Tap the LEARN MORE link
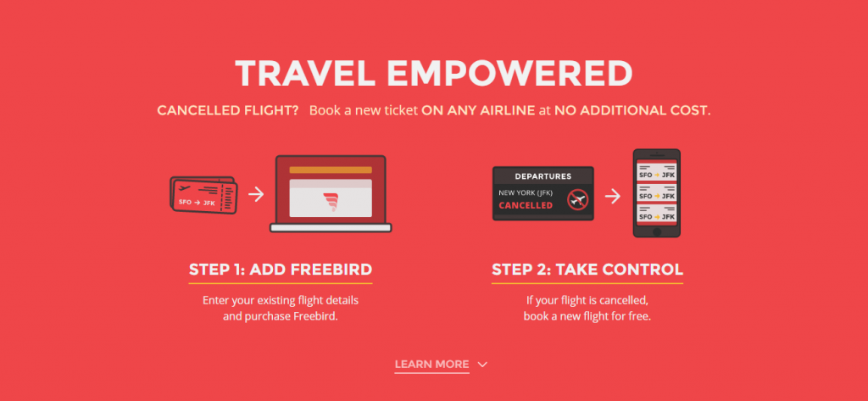tap(431, 365)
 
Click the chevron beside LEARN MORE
tap(482, 365)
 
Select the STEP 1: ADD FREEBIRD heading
tap(281, 270)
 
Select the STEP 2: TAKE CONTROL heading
tap(587, 270)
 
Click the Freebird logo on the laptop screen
tap(331, 202)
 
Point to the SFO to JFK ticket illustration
tap(203, 196)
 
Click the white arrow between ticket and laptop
tap(256, 194)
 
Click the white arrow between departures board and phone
tap(612, 196)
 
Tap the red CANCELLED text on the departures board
tap(526, 205)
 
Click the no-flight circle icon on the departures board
tap(576, 199)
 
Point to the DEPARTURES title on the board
tap(543, 176)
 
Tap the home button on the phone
tap(657, 231)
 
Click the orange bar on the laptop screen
tap(331, 170)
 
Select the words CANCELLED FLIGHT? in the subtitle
tap(228, 110)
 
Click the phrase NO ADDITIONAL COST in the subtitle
tap(632, 110)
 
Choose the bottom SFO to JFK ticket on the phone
tap(657, 214)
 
